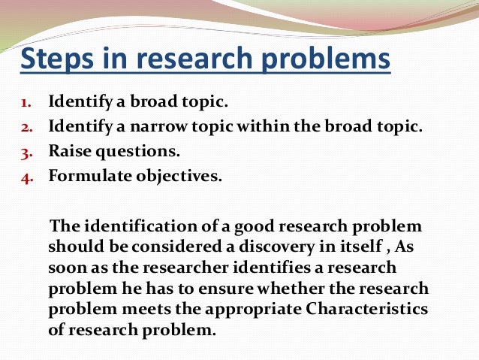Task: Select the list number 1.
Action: pyautogui.click(x=25, y=101)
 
